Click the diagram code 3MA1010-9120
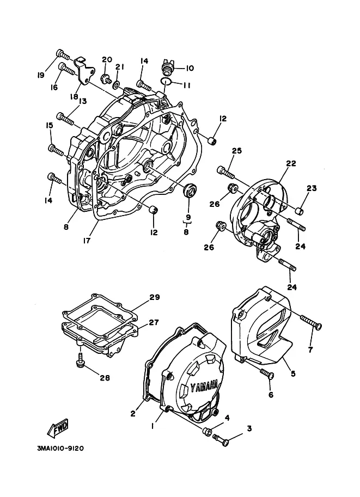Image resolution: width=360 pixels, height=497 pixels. click(x=60, y=449)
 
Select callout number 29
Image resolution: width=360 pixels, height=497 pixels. click(x=155, y=297)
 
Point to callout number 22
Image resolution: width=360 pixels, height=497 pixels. click(x=291, y=163)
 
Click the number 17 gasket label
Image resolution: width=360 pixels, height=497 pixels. click(x=87, y=241)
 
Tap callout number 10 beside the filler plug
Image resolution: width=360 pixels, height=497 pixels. click(x=190, y=68)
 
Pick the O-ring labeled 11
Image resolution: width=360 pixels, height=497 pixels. click(x=166, y=82)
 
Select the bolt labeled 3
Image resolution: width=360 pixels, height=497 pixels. click(x=221, y=440)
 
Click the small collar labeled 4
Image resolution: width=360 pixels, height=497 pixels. click(x=208, y=431)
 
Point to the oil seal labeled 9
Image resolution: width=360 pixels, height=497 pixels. click(x=190, y=191)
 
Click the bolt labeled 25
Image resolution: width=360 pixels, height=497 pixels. click(x=225, y=172)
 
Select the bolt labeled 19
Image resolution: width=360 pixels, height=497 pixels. click(x=63, y=55)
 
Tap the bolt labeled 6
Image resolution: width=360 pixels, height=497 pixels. click(x=267, y=373)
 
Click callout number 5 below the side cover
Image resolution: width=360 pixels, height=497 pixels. click(x=293, y=373)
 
